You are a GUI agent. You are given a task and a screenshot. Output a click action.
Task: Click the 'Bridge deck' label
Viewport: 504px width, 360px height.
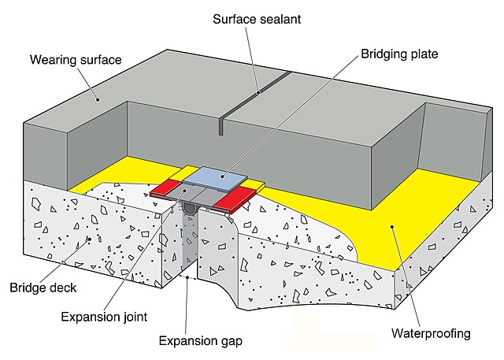(x=43, y=288)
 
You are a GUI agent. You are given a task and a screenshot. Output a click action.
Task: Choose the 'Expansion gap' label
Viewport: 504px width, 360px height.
(x=200, y=341)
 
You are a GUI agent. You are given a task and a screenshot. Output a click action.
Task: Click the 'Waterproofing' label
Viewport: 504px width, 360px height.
(x=432, y=333)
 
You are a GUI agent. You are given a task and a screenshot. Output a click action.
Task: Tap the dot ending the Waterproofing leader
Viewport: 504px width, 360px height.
(x=391, y=228)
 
